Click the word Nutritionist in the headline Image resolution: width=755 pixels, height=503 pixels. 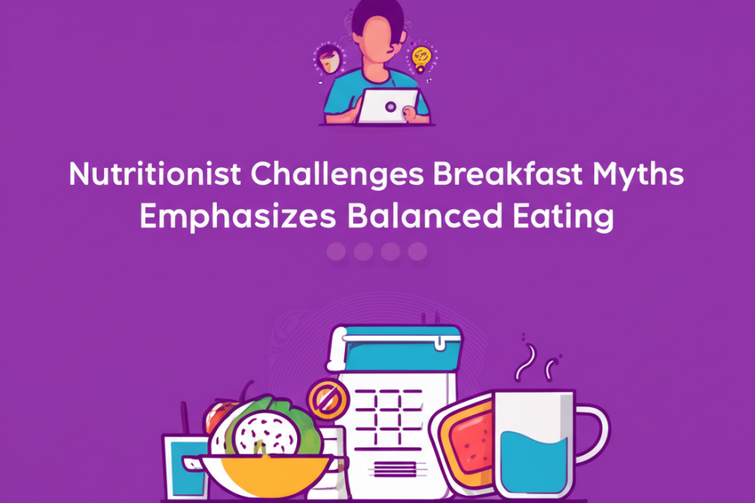pos(154,174)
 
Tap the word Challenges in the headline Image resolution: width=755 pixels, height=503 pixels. pos(337,174)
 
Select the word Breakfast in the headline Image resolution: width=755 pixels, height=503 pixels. pos(507,174)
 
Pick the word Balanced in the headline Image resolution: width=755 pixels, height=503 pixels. pos(425,216)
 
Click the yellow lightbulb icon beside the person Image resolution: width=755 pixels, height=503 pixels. pos(421,58)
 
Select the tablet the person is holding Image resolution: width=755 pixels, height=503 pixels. pos(388,106)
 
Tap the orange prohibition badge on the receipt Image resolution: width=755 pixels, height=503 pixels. pos(327,399)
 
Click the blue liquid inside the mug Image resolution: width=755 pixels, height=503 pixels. pos(533,462)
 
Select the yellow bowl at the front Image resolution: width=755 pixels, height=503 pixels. pos(265,475)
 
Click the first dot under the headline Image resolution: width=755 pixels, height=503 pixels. pos(336,251)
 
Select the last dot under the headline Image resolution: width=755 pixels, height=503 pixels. pos(417,251)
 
